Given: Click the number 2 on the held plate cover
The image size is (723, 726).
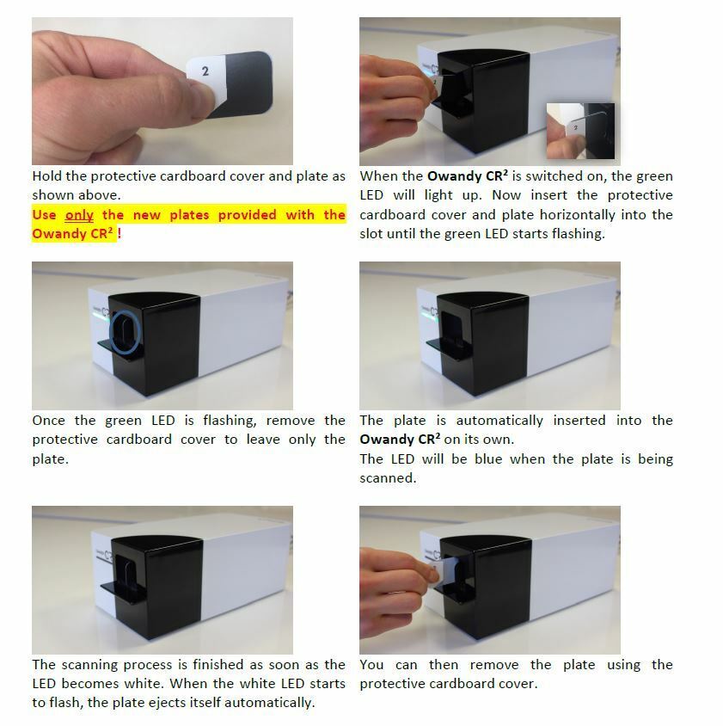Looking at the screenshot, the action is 205,71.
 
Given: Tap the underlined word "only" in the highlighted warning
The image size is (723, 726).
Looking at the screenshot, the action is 79,215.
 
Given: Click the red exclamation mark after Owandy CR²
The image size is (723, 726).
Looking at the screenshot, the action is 119,233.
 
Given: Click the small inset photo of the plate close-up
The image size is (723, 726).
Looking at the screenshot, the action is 580,131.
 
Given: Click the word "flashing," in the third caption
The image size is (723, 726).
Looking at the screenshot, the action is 230,421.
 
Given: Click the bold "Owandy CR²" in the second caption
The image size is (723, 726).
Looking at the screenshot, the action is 467,176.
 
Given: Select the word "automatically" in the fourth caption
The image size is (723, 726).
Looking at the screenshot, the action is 499,421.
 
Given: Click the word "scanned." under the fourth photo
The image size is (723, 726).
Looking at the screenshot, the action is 388,478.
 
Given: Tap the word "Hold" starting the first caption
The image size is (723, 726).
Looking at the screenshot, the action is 47,176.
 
